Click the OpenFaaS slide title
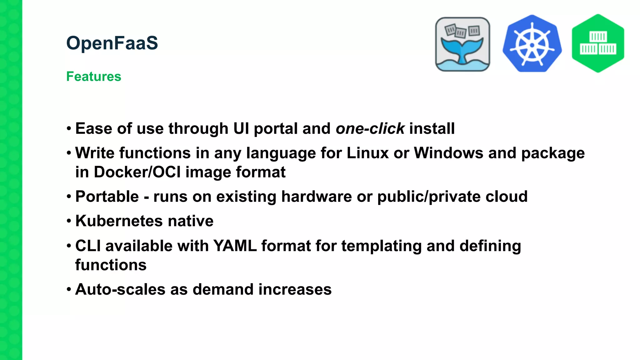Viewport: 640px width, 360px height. click(x=112, y=43)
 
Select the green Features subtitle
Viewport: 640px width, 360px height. click(x=93, y=77)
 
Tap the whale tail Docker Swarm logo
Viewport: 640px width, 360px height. click(x=462, y=44)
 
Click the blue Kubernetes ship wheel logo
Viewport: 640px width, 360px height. click(x=532, y=44)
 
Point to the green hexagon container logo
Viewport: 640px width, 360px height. click(x=598, y=43)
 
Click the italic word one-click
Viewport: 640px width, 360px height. click(x=370, y=129)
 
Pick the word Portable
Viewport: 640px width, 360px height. click(x=107, y=197)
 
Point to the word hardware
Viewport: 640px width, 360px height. click(x=316, y=197)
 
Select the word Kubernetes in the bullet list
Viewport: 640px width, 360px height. click(x=119, y=221)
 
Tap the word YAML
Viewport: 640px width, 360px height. click(x=235, y=246)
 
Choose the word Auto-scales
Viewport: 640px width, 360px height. click(x=120, y=289)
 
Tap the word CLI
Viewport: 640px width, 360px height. click(x=88, y=246)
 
